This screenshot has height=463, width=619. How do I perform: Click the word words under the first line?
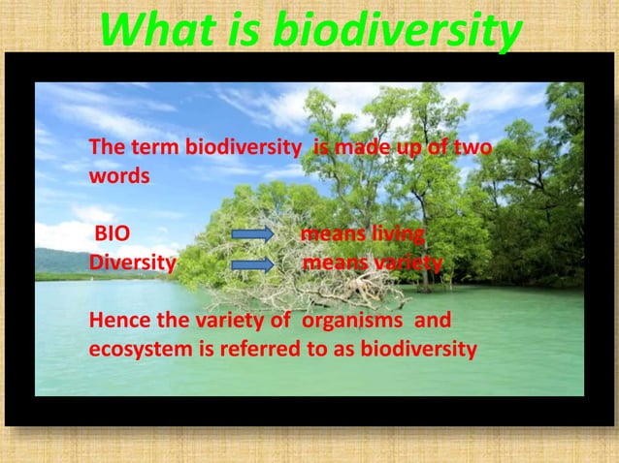[x=119, y=177]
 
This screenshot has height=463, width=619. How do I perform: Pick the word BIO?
[x=113, y=234]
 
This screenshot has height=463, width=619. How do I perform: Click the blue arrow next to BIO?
[x=252, y=234]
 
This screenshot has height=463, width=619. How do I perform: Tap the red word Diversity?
[x=133, y=263]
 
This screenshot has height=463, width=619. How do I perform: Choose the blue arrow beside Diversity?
[x=252, y=264]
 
